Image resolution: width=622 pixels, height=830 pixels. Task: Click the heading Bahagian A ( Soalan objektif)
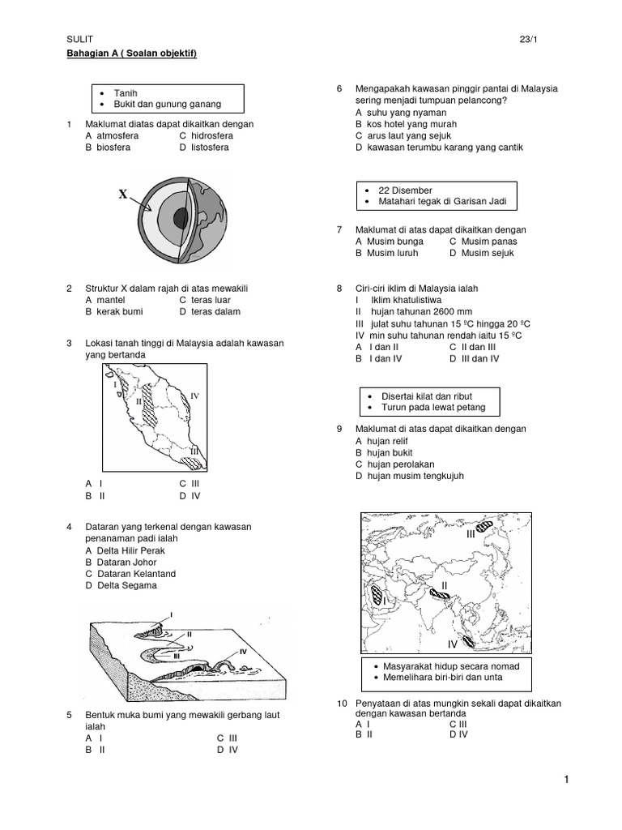click(x=132, y=53)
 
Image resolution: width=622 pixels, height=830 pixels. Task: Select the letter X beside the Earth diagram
click(x=123, y=195)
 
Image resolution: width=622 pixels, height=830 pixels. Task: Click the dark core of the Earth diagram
click(x=181, y=216)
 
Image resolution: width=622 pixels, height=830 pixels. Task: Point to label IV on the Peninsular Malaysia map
click(x=194, y=396)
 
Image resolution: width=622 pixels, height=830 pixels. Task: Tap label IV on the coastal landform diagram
click(x=242, y=651)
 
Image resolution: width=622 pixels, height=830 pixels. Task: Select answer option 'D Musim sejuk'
click(x=483, y=253)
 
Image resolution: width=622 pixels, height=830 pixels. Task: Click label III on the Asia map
click(x=471, y=535)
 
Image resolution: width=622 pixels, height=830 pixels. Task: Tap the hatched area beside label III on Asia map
click(x=485, y=525)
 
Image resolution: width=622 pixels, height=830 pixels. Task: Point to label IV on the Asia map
click(x=453, y=644)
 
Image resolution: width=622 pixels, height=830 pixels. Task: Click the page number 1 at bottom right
click(x=568, y=780)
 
